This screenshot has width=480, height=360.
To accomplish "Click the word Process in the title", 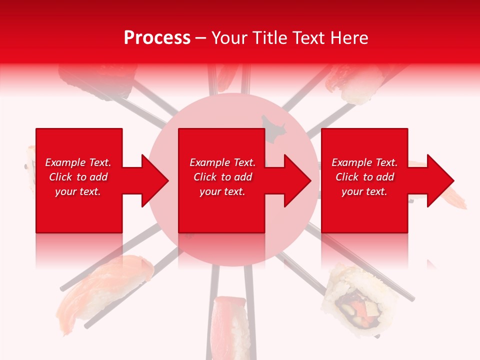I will pos(157,38).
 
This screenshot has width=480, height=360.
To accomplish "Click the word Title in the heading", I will pos(270,38).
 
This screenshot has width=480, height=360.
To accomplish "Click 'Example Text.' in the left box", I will pos(78,162).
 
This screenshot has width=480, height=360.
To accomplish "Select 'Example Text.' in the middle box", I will pos(222,162).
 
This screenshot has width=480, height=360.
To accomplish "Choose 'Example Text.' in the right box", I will pos(364,162).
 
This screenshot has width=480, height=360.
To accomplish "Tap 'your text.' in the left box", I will pos(78,191).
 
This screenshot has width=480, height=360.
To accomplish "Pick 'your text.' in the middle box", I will pos(222,191).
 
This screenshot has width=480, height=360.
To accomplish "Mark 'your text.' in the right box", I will pos(364,191).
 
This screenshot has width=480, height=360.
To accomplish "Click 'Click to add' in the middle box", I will pos(222,177).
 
